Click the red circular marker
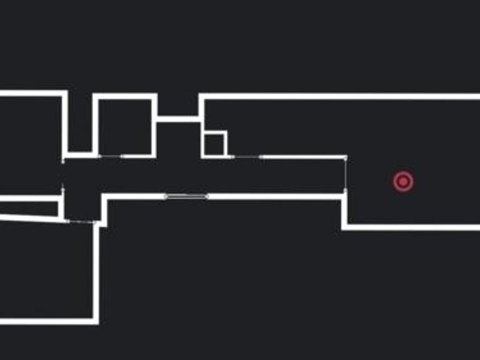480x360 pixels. click(403, 182)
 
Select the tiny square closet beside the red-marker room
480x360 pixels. click(214, 144)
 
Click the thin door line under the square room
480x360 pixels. click(111, 156)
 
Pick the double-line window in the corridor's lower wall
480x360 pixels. click(186, 197)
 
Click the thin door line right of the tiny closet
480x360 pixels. click(247, 157)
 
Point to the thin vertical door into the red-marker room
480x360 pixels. click(345, 174)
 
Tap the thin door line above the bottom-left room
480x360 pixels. click(81, 222)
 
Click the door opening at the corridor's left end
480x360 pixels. click(63, 174)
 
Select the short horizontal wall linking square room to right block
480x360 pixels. click(178, 119)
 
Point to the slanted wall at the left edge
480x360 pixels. click(29, 218)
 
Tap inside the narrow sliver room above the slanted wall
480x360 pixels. click(29, 208)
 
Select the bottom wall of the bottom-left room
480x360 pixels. click(49, 321)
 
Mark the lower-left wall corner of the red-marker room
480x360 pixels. click(345, 226)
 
